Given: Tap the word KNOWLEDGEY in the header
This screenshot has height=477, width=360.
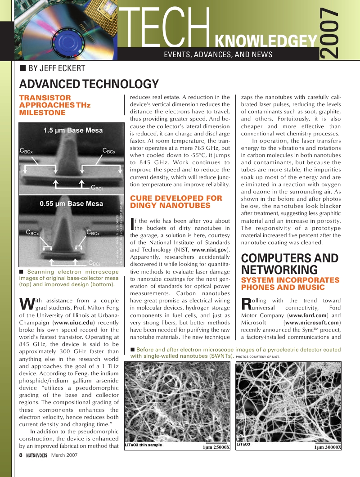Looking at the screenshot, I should click(266, 42).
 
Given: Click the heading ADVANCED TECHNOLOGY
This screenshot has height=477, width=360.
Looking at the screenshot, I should click(89, 84).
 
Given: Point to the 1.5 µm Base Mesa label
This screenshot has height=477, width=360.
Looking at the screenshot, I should click(73, 130).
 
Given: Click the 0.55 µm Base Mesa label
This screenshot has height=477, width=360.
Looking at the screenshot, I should click(71, 203).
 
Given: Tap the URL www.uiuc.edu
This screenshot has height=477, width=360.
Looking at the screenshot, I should click(74, 323).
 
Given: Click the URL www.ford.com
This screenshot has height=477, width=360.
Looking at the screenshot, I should click(310, 315).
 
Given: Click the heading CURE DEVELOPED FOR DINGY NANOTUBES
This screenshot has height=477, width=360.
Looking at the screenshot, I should click(176, 202).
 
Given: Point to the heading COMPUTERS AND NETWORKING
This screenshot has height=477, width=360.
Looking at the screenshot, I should click(290, 264).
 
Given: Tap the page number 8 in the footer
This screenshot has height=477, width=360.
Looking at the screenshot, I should click(21, 455).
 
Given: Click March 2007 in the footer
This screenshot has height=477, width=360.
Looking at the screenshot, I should click(64, 455).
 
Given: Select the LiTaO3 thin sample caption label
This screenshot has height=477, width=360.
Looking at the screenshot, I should click(143, 445).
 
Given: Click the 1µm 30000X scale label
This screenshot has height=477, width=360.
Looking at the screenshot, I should click(327, 447).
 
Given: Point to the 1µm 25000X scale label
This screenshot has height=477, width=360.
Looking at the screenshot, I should click(216, 447).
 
